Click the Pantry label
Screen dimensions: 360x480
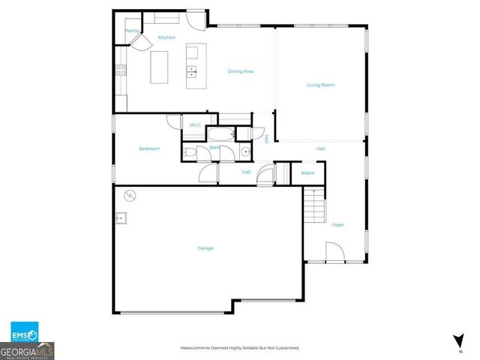point(131,31)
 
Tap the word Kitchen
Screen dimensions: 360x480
point(166,37)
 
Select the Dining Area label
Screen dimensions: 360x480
point(241,71)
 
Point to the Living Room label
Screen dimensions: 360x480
point(320,85)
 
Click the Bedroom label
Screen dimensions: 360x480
point(149,148)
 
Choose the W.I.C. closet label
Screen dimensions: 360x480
point(195,124)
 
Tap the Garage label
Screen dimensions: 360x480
point(205,248)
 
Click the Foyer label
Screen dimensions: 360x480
point(337,224)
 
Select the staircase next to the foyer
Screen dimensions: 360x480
point(313,205)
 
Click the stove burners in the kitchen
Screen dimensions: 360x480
point(120,72)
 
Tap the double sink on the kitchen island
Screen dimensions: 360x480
point(192,72)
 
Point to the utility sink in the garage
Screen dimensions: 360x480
point(121,219)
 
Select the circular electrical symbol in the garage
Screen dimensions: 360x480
point(129,195)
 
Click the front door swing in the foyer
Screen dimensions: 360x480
point(334,252)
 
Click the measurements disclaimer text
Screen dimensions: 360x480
point(240,348)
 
